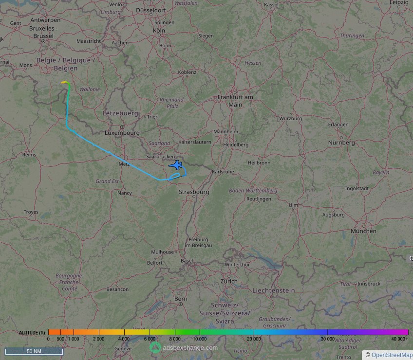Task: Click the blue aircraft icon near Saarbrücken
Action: click(176, 165)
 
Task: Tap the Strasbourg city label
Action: click(194, 192)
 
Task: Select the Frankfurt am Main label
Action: click(235, 101)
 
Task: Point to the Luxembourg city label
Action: click(122, 133)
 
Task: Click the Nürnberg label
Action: click(341, 143)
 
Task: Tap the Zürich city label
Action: click(229, 281)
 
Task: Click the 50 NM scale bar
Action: click(34, 351)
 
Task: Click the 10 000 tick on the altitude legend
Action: click(200, 338)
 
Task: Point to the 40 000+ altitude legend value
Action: click(400, 338)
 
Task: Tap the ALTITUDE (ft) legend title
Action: click(32, 332)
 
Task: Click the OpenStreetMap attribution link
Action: click(392, 355)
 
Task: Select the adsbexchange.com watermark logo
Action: click(155, 347)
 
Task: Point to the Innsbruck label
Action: click(368, 284)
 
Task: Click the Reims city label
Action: click(29, 155)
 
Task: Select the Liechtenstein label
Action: click(273, 290)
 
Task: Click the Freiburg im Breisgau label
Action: click(198, 242)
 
